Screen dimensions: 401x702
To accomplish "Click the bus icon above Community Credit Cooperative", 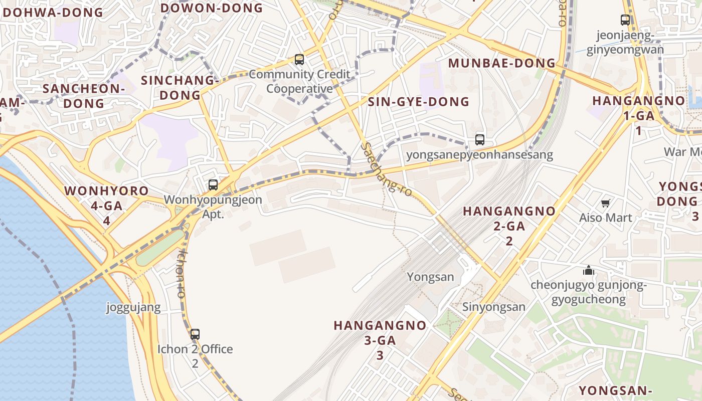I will tap(299, 60).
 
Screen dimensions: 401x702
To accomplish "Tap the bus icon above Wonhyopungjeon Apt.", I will tap(213, 185).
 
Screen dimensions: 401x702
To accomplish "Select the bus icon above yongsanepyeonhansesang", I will tap(480, 140).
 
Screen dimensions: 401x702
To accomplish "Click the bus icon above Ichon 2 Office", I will tap(195, 334).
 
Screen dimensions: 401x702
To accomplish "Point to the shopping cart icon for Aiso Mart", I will tap(605, 203).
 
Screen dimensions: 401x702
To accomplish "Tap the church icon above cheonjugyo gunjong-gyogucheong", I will tap(589, 271).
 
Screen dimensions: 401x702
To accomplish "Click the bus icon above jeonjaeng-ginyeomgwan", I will tap(625, 20).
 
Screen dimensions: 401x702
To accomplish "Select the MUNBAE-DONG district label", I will tap(502, 63).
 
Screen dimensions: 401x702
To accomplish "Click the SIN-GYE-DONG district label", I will tap(419, 102).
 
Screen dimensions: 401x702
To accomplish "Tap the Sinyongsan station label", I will tap(494, 307).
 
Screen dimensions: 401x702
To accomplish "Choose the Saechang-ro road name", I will tap(387, 170).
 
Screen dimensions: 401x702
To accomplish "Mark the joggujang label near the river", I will tap(133, 307).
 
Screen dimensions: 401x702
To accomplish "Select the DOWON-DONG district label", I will tap(212, 8).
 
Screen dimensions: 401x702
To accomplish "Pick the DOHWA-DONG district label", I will tap(53, 13).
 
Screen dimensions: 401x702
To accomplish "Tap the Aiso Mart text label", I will tap(606, 218).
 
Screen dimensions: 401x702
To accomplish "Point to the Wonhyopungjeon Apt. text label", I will tap(213, 207).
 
